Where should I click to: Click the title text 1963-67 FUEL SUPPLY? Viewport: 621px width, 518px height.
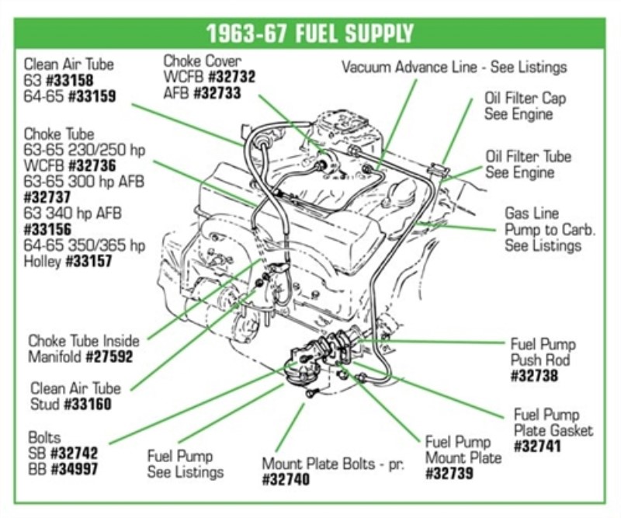[x=310, y=34]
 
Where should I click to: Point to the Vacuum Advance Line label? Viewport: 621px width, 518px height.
[x=454, y=68]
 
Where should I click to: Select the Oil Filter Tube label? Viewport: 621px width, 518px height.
[x=528, y=164]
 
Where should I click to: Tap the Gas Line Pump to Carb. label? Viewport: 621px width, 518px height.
[x=543, y=229]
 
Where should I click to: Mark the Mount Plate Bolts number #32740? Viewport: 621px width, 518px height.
[x=286, y=480]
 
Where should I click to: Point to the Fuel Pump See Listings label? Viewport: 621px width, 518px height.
[x=186, y=464]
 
